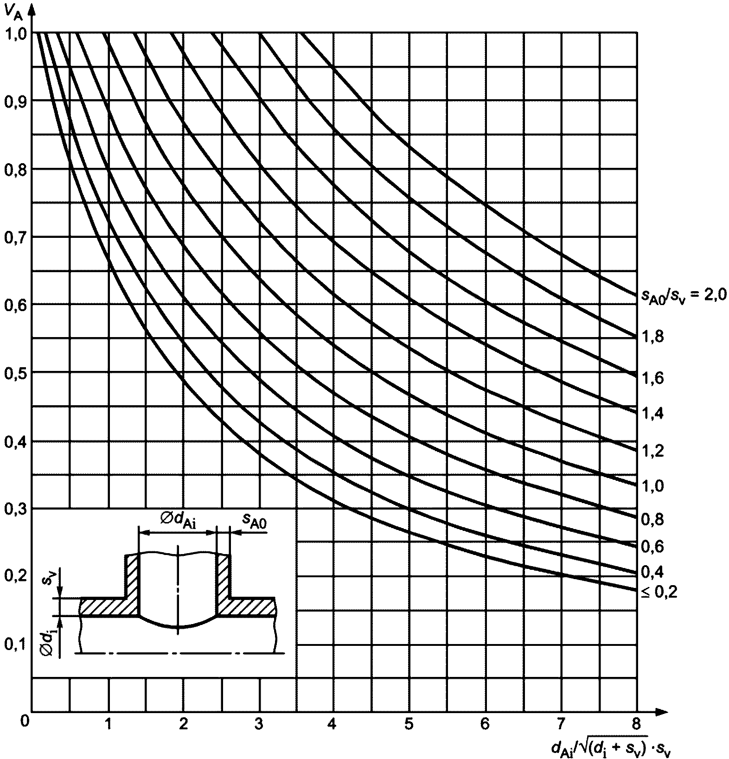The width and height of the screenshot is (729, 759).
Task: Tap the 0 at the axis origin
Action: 25,721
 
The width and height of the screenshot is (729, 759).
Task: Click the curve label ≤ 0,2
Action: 659,593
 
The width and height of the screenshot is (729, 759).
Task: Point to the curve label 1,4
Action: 652,413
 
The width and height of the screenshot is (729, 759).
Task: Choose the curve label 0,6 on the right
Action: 652,546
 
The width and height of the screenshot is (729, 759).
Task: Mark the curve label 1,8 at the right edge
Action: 653,337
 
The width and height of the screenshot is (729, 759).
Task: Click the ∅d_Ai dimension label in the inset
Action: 178,521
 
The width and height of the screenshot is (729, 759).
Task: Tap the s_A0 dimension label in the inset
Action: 254,521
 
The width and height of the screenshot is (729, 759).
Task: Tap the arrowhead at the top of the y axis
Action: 32,10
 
